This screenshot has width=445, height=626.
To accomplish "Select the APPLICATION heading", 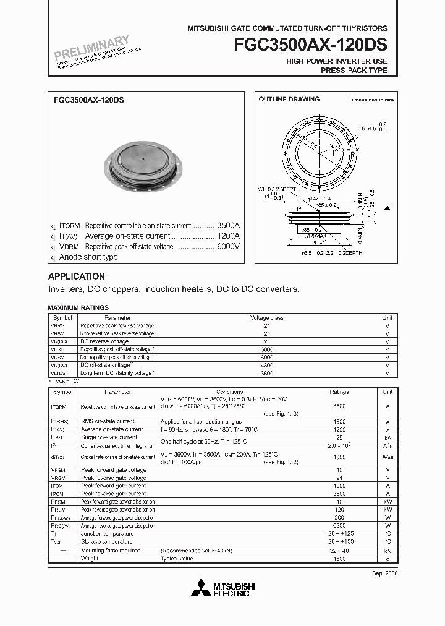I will (77, 277).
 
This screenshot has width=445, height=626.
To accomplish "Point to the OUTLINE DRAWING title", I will (289, 99).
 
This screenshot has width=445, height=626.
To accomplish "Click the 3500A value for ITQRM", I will (228, 226).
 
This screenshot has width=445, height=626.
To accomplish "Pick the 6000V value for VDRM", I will (228, 247).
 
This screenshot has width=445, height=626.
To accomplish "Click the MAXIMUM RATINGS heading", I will (78, 307).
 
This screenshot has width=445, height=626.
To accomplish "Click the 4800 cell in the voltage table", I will (266, 366).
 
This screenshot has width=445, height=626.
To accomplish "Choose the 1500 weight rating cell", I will (339, 559).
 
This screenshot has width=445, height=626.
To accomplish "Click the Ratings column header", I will (339, 392).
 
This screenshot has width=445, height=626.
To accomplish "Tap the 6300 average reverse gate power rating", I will (339, 525).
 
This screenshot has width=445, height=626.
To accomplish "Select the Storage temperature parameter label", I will (106, 541).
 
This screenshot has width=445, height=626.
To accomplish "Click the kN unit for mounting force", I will (388, 550).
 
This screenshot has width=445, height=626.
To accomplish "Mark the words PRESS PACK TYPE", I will (354, 71).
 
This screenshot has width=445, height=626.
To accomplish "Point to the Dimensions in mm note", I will (371, 100).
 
